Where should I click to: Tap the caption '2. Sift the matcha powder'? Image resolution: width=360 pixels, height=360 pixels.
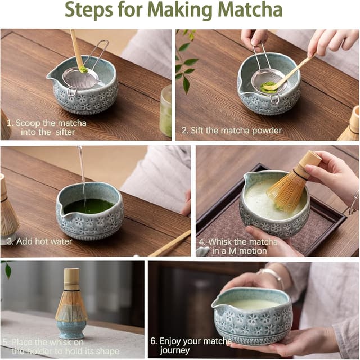[231, 130]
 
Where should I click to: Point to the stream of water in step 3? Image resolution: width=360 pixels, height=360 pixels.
[83, 172]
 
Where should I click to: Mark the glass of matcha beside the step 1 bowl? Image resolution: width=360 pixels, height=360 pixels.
[165, 110]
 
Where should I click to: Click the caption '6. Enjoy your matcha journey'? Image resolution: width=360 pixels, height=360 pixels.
[195, 346]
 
